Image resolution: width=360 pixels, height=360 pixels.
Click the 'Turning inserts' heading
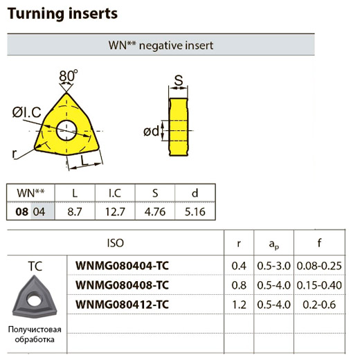point(62,14)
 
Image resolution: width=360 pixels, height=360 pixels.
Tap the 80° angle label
point(69,75)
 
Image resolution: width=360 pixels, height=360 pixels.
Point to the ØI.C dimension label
point(27,112)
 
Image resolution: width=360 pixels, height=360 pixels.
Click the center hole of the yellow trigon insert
point(66,130)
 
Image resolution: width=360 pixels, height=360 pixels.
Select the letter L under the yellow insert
point(84,160)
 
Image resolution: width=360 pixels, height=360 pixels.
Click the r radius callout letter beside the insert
point(15,154)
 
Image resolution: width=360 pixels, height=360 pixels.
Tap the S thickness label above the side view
point(179,80)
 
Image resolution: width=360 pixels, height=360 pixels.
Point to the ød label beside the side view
point(152,132)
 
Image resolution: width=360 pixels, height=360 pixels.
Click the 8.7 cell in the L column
point(75,212)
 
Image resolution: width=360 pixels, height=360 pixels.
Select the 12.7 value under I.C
point(115,212)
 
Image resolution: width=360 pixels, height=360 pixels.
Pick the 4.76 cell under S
point(155,212)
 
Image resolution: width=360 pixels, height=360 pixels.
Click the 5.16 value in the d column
point(195,212)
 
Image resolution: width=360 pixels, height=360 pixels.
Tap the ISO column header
point(116,243)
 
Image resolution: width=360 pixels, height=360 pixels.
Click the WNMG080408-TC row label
point(122,285)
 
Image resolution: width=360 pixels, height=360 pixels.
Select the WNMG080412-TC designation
point(122,305)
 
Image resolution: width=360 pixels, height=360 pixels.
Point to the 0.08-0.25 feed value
point(319,266)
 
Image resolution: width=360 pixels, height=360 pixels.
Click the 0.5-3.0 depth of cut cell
point(273,266)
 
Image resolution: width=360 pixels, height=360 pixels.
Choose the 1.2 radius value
point(239,305)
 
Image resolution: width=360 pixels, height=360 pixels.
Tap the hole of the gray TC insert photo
point(34,300)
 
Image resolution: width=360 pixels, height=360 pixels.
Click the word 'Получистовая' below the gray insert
point(35,330)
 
